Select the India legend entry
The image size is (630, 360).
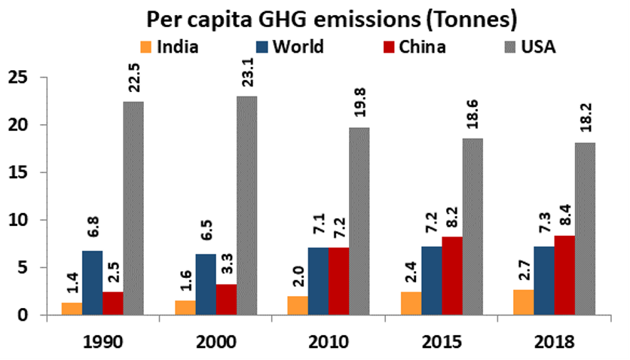(x=170, y=47)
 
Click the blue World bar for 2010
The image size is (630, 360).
(x=317, y=281)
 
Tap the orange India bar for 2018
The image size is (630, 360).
(x=521, y=302)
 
